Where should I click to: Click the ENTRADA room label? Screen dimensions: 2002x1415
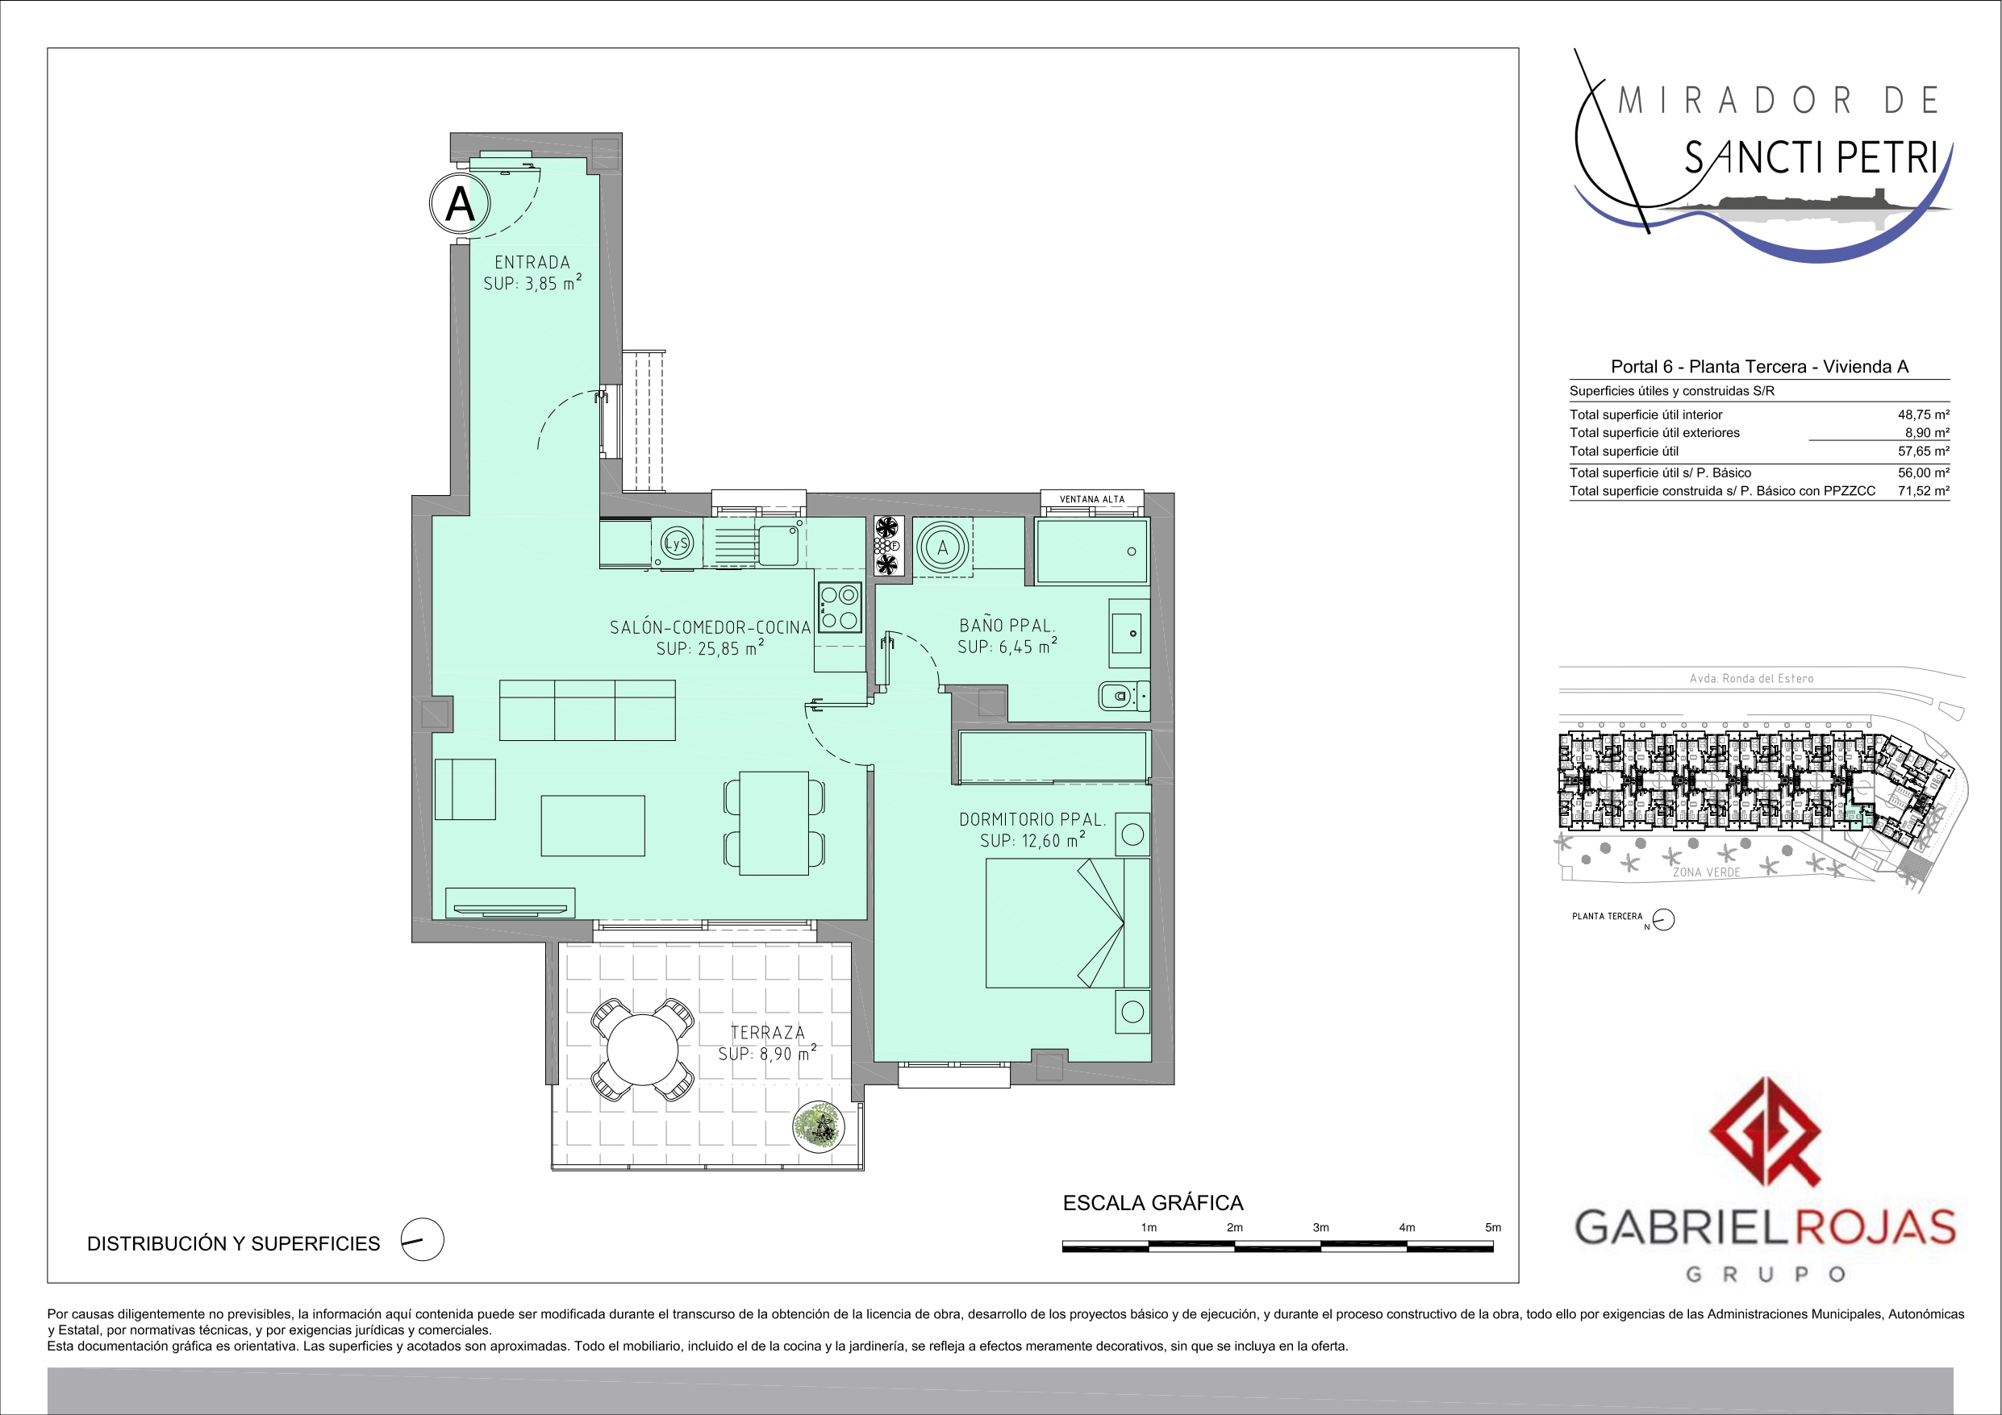(x=532, y=262)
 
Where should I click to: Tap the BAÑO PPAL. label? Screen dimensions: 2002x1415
(x=1007, y=626)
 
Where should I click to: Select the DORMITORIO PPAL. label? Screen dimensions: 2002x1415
(x=1032, y=819)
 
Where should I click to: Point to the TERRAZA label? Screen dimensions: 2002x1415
(x=767, y=1032)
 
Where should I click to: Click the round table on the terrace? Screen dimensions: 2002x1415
(x=643, y=1050)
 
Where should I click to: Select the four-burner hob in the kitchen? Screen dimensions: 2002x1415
(x=840, y=608)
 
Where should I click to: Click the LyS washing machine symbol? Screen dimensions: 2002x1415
(x=677, y=544)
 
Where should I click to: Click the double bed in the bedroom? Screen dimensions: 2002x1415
(x=1068, y=923)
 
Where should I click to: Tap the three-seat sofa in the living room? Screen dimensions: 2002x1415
(x=587, y=710)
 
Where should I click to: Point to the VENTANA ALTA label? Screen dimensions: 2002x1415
(x=1091, y=500)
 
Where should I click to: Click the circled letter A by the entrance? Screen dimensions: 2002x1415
(x=461, y=204)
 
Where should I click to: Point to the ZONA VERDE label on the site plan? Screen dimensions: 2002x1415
(x=1707, y=872)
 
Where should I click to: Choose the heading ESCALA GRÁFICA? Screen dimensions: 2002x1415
(x=1153, y=1203)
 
